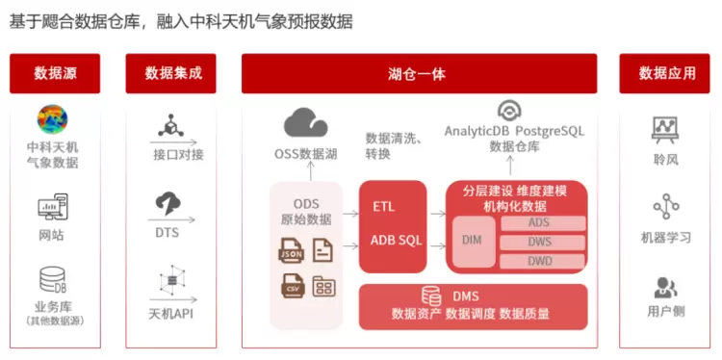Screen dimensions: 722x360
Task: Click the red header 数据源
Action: pos(55,74)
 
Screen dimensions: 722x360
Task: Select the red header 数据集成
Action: pos(170,74)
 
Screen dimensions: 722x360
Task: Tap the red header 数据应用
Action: pos(664,74)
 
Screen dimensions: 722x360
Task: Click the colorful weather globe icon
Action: pos(53,119)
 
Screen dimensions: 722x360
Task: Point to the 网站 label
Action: pos(52,236)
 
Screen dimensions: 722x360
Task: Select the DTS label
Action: pos(167,233)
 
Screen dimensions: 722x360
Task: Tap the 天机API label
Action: pos(170,314)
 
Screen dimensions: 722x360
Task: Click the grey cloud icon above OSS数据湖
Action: pos(306,122)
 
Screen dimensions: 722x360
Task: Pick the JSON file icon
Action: pos(291,250)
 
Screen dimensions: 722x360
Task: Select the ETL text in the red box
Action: pos(383,207)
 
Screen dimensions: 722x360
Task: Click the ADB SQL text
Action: pos(397,240)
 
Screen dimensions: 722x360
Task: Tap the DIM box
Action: pos(474,242)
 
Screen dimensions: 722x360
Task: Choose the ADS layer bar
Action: pos(543,222)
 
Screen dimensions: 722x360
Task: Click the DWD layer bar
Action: pos(543,262)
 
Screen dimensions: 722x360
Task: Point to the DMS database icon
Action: pos(431,296)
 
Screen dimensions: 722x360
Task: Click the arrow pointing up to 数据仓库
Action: pos(510,166)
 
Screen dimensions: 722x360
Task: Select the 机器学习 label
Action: pos(666,238)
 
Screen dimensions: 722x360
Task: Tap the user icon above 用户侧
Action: pos(666,288)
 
